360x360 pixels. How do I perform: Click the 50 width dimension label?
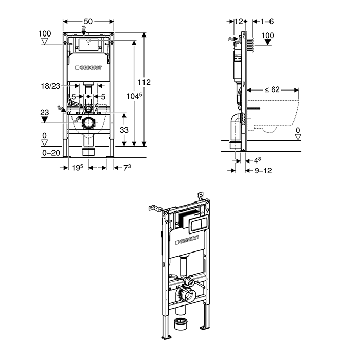88,21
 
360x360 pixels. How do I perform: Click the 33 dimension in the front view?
124,130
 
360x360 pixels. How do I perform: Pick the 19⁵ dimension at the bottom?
77,167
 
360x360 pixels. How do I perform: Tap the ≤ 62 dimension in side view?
272,89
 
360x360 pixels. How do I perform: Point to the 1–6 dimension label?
267,21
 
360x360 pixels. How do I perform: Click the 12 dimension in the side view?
238,21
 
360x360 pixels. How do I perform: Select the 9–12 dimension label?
263,170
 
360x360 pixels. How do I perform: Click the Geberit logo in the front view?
89,68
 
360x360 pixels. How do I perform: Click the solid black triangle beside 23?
45,120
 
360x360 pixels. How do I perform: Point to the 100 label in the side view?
268,35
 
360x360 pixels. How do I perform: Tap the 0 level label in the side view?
298,129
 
